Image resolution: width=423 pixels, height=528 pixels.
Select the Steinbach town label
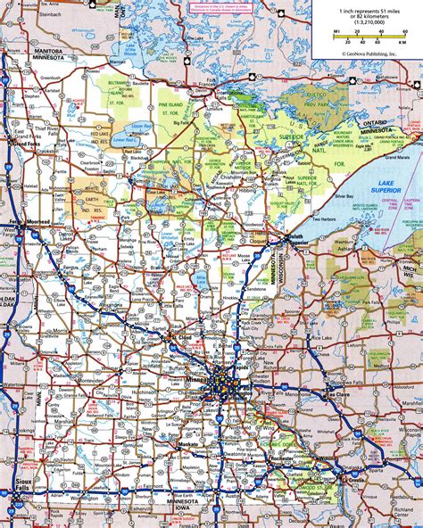point(29,14)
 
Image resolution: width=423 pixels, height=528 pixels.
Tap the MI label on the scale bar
point(336,31)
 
